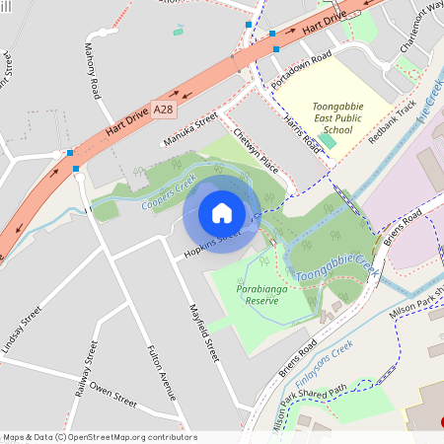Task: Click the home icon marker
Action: (222, 212)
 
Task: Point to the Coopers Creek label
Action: (168, 192)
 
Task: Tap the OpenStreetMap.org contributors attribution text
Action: (126, 437)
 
